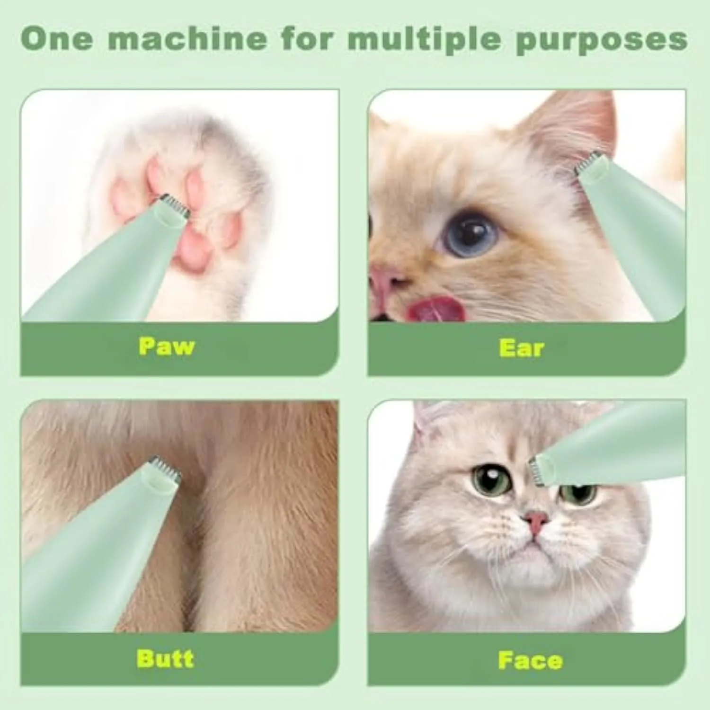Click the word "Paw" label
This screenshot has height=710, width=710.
pos(167,346)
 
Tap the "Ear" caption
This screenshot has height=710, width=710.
pos(522,348)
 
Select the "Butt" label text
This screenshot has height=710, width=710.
pos(165,658)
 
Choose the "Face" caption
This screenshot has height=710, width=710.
pos(530,660)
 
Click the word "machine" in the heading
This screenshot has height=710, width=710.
pos(187,38)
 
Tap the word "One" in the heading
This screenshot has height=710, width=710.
pos(57,38)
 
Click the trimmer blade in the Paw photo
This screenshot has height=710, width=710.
pos(174,205)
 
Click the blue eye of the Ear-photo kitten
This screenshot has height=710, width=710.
pos(470,233)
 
